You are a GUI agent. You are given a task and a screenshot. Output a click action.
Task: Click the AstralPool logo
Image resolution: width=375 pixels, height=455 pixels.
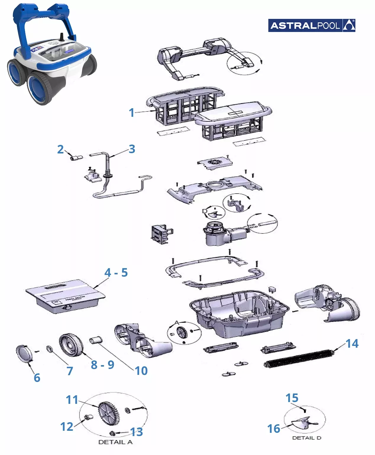click(311, 25)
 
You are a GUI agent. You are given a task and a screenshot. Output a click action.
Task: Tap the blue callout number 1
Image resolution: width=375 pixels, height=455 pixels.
click(132, 113)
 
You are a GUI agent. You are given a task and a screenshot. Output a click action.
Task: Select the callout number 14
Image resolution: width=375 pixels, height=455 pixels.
click(352, 344)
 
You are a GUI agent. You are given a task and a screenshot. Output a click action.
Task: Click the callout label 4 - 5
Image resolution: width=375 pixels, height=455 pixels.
click(116, 273)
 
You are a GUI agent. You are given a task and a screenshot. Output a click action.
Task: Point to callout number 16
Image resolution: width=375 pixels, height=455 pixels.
click(274, 429)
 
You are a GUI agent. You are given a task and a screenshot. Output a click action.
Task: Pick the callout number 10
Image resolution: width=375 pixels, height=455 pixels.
click(141, 371)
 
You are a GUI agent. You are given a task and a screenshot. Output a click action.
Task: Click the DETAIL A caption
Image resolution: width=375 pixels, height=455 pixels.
click(115, 442)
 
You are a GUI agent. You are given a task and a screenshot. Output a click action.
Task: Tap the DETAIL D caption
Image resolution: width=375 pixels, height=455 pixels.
click(306, 438)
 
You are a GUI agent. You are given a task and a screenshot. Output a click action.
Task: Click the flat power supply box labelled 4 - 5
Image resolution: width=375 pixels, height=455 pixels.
click(65, 296)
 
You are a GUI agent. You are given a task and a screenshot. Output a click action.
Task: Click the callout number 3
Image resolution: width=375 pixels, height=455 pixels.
click(132, 149)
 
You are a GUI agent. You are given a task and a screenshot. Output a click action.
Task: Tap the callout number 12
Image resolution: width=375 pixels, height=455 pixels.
click(67, 427)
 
